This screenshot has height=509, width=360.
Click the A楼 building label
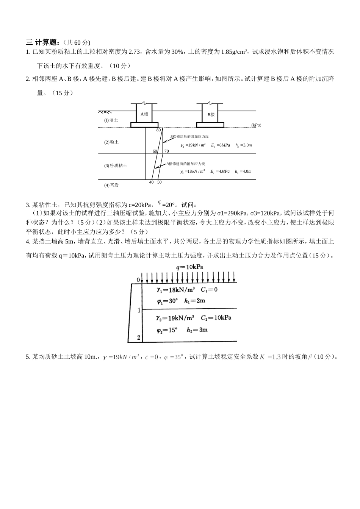point(144,114)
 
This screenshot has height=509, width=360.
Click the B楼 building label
point(211,115)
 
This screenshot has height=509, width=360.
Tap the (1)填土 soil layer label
point(111,120)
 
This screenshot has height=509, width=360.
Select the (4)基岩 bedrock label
point(111,185)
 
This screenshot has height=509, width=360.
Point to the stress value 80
point(158,130)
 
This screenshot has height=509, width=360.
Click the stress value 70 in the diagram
point(166,151)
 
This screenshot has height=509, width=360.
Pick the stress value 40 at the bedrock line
point(151,182)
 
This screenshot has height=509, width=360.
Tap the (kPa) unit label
point(256,125)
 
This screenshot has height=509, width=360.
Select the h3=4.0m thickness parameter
point(243,171)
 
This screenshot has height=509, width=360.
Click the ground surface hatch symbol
point(105,112)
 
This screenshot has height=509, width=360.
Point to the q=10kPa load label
point(189,267)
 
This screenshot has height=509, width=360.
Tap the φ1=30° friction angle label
point(167,301)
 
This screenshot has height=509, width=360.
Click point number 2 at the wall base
point(139,337)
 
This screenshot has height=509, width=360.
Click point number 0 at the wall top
point(138,280)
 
